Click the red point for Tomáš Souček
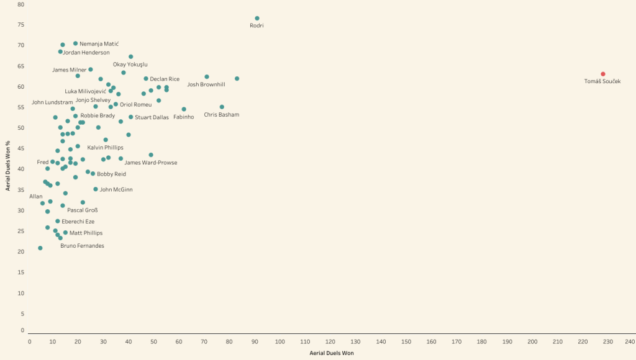point(602,74)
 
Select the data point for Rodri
point(257,18)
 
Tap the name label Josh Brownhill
point(206,84)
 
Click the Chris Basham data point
point(222,107)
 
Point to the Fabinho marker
point(184,109)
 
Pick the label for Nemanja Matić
point(99,44)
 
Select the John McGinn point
point(96,189)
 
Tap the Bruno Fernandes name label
point(82,246)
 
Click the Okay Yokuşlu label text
point(130,65)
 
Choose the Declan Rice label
point(165,79)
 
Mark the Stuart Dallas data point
point(131,117)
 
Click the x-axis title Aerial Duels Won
point(332,353)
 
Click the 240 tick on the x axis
point(630,342)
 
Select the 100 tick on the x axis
point(280,342)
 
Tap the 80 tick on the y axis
point(21,4)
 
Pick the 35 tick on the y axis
point(21,190)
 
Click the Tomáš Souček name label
point(602,81)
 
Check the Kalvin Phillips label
point(105,148)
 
